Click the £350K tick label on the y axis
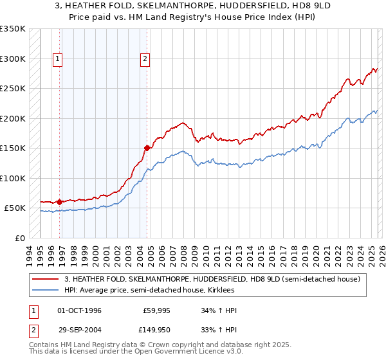[x=13, y=29]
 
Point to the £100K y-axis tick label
[x=13, y=178]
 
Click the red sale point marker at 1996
[x=59, y=202]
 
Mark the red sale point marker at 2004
[x=147, y=148]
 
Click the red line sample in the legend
[x=46, y=279]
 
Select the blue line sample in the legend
[x=46, y=290]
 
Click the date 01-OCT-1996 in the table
[x=79, y=310]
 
